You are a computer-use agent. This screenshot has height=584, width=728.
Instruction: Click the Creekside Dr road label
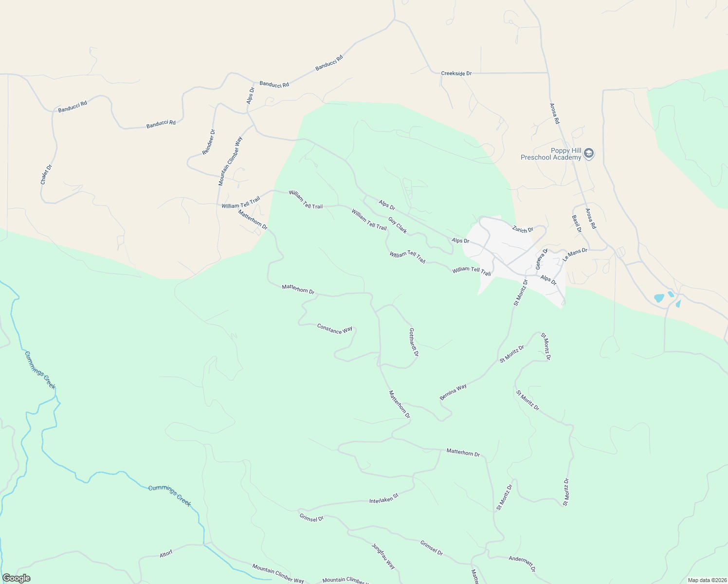456,73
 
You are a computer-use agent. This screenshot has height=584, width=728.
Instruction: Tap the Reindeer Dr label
209,142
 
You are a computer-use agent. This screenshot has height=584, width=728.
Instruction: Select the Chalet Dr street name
46,174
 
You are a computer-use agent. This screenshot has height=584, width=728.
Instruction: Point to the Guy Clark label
398,225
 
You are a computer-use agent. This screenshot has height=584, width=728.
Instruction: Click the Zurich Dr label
523,229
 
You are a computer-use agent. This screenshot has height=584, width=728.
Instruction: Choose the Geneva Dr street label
542,258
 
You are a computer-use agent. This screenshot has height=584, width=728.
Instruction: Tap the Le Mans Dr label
575,255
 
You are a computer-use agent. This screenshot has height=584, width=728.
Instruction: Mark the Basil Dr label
577,223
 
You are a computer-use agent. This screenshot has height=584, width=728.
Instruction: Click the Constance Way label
334,329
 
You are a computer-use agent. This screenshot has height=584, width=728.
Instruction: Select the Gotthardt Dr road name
414,342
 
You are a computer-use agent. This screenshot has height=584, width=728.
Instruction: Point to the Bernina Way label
453,392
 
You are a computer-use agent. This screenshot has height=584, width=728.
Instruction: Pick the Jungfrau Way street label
383,556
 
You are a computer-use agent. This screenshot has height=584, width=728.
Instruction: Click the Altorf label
166,554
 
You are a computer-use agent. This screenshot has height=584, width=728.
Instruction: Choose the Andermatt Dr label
522,564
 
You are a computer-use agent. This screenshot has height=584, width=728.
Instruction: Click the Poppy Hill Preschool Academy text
551,154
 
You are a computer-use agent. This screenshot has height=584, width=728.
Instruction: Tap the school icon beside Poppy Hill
588,154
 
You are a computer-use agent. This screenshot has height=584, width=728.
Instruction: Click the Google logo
16,578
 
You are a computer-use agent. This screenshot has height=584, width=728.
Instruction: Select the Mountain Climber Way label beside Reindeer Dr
230,161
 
